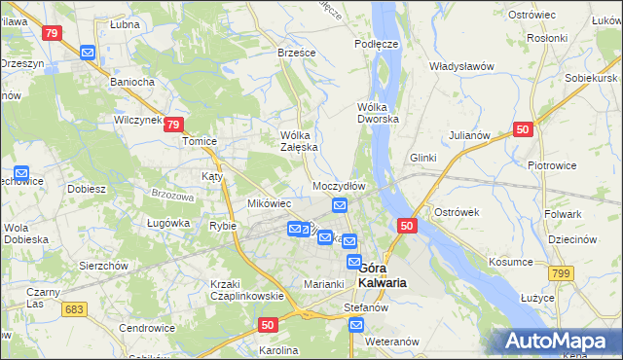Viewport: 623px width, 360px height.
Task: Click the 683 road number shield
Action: pyautogui.click(x=71, y=308)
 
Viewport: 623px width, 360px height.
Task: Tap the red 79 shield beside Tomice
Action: pyautogui.click(x=173, y=125)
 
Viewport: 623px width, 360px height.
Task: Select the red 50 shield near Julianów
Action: pyautogui.click(x=524, y=129)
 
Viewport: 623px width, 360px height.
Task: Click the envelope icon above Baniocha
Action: pyautogui.click(x=88, y=54)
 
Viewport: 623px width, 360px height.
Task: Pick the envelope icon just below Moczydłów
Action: pyautogui.click(x=339, y=204)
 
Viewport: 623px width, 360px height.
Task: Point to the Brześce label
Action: pyautogui.click(x=296, y=52)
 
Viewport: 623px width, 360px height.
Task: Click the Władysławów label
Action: pyautogui.click(x=462, y=66)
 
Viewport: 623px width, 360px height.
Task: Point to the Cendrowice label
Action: pyautogui.click(x=146, y=328)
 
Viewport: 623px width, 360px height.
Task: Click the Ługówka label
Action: pyautogui.click(x=167, y=223)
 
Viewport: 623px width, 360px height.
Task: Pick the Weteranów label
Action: pyautogui.click(x=391, y=342)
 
